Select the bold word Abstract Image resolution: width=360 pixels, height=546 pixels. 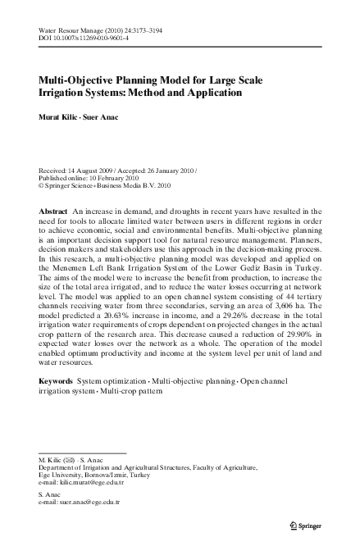(x=53, y=212)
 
